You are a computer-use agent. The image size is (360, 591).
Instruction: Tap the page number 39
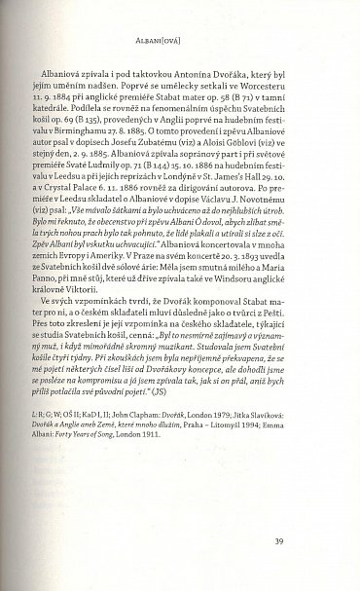coord(306,541)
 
